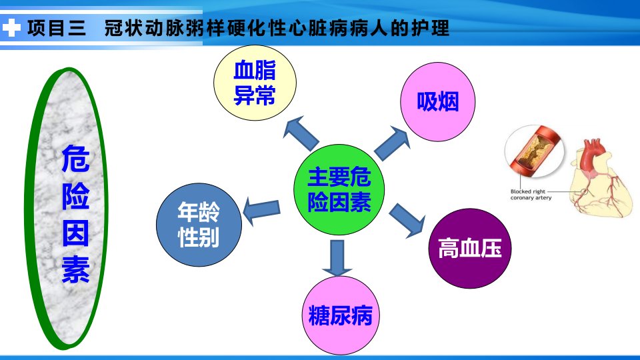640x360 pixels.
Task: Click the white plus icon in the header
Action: tap(11, 28)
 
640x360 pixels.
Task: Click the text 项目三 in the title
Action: tap(57, 28)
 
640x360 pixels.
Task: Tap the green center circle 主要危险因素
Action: tap(339, 189)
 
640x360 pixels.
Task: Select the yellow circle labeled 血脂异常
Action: tap(255, 83)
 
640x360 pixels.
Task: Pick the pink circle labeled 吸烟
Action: tap(437, 101)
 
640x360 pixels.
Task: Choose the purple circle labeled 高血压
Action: tap(469, 248)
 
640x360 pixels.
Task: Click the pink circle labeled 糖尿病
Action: tap(341, 315)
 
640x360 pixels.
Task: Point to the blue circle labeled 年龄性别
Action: tap(199, 225)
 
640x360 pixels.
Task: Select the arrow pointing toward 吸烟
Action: tap(392, 143)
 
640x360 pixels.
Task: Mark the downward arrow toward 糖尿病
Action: tap(337, 258)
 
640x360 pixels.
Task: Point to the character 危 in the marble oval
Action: tap(75, 159)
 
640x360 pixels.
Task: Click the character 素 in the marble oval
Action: tap(75, 269)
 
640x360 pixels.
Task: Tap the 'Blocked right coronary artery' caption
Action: tap(531, 194)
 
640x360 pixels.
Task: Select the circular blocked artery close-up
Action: tap(534, 151)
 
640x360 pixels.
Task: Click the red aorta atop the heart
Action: tap(591, 154)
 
